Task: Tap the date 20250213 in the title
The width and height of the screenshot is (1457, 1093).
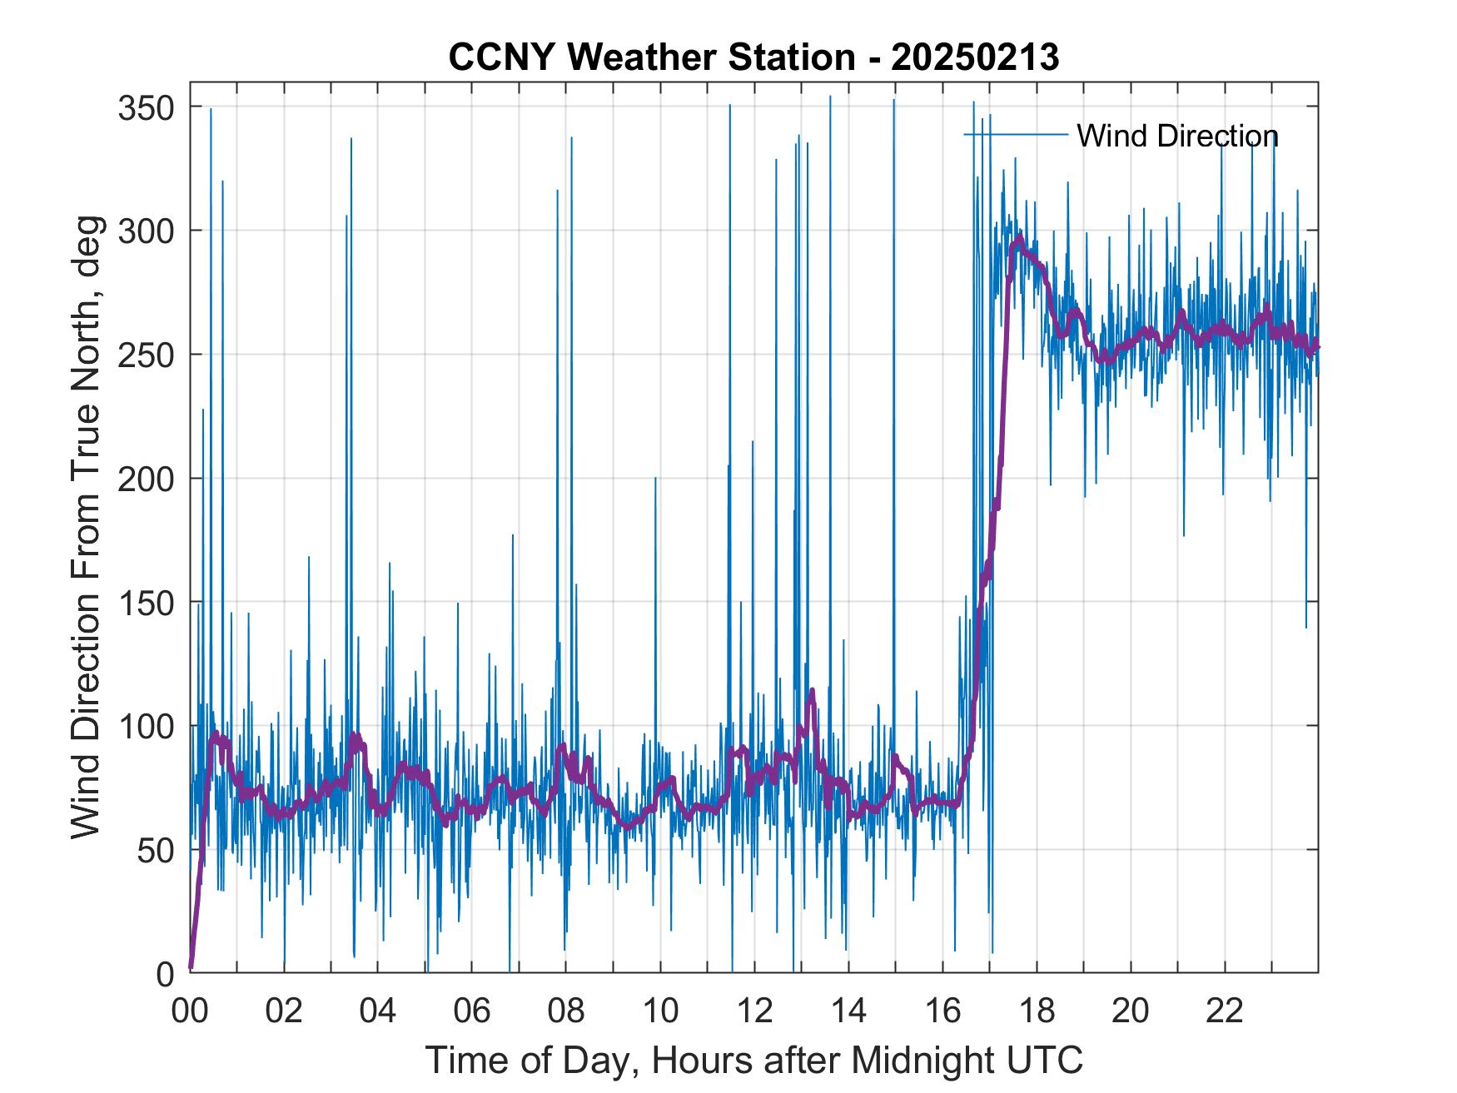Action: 975,57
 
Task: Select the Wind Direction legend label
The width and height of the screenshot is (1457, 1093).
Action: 1177,136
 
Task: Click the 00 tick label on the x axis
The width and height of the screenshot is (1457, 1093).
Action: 190,1012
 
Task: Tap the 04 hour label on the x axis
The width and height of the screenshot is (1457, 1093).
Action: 378,1012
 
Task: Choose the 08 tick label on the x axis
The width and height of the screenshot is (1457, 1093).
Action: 566,1012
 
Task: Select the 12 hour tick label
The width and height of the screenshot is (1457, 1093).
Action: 754,1012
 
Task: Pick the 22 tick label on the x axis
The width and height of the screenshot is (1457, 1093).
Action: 1225,1012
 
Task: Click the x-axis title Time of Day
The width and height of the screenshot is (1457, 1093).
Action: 754,1060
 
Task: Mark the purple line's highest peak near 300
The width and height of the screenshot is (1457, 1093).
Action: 1019,238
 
